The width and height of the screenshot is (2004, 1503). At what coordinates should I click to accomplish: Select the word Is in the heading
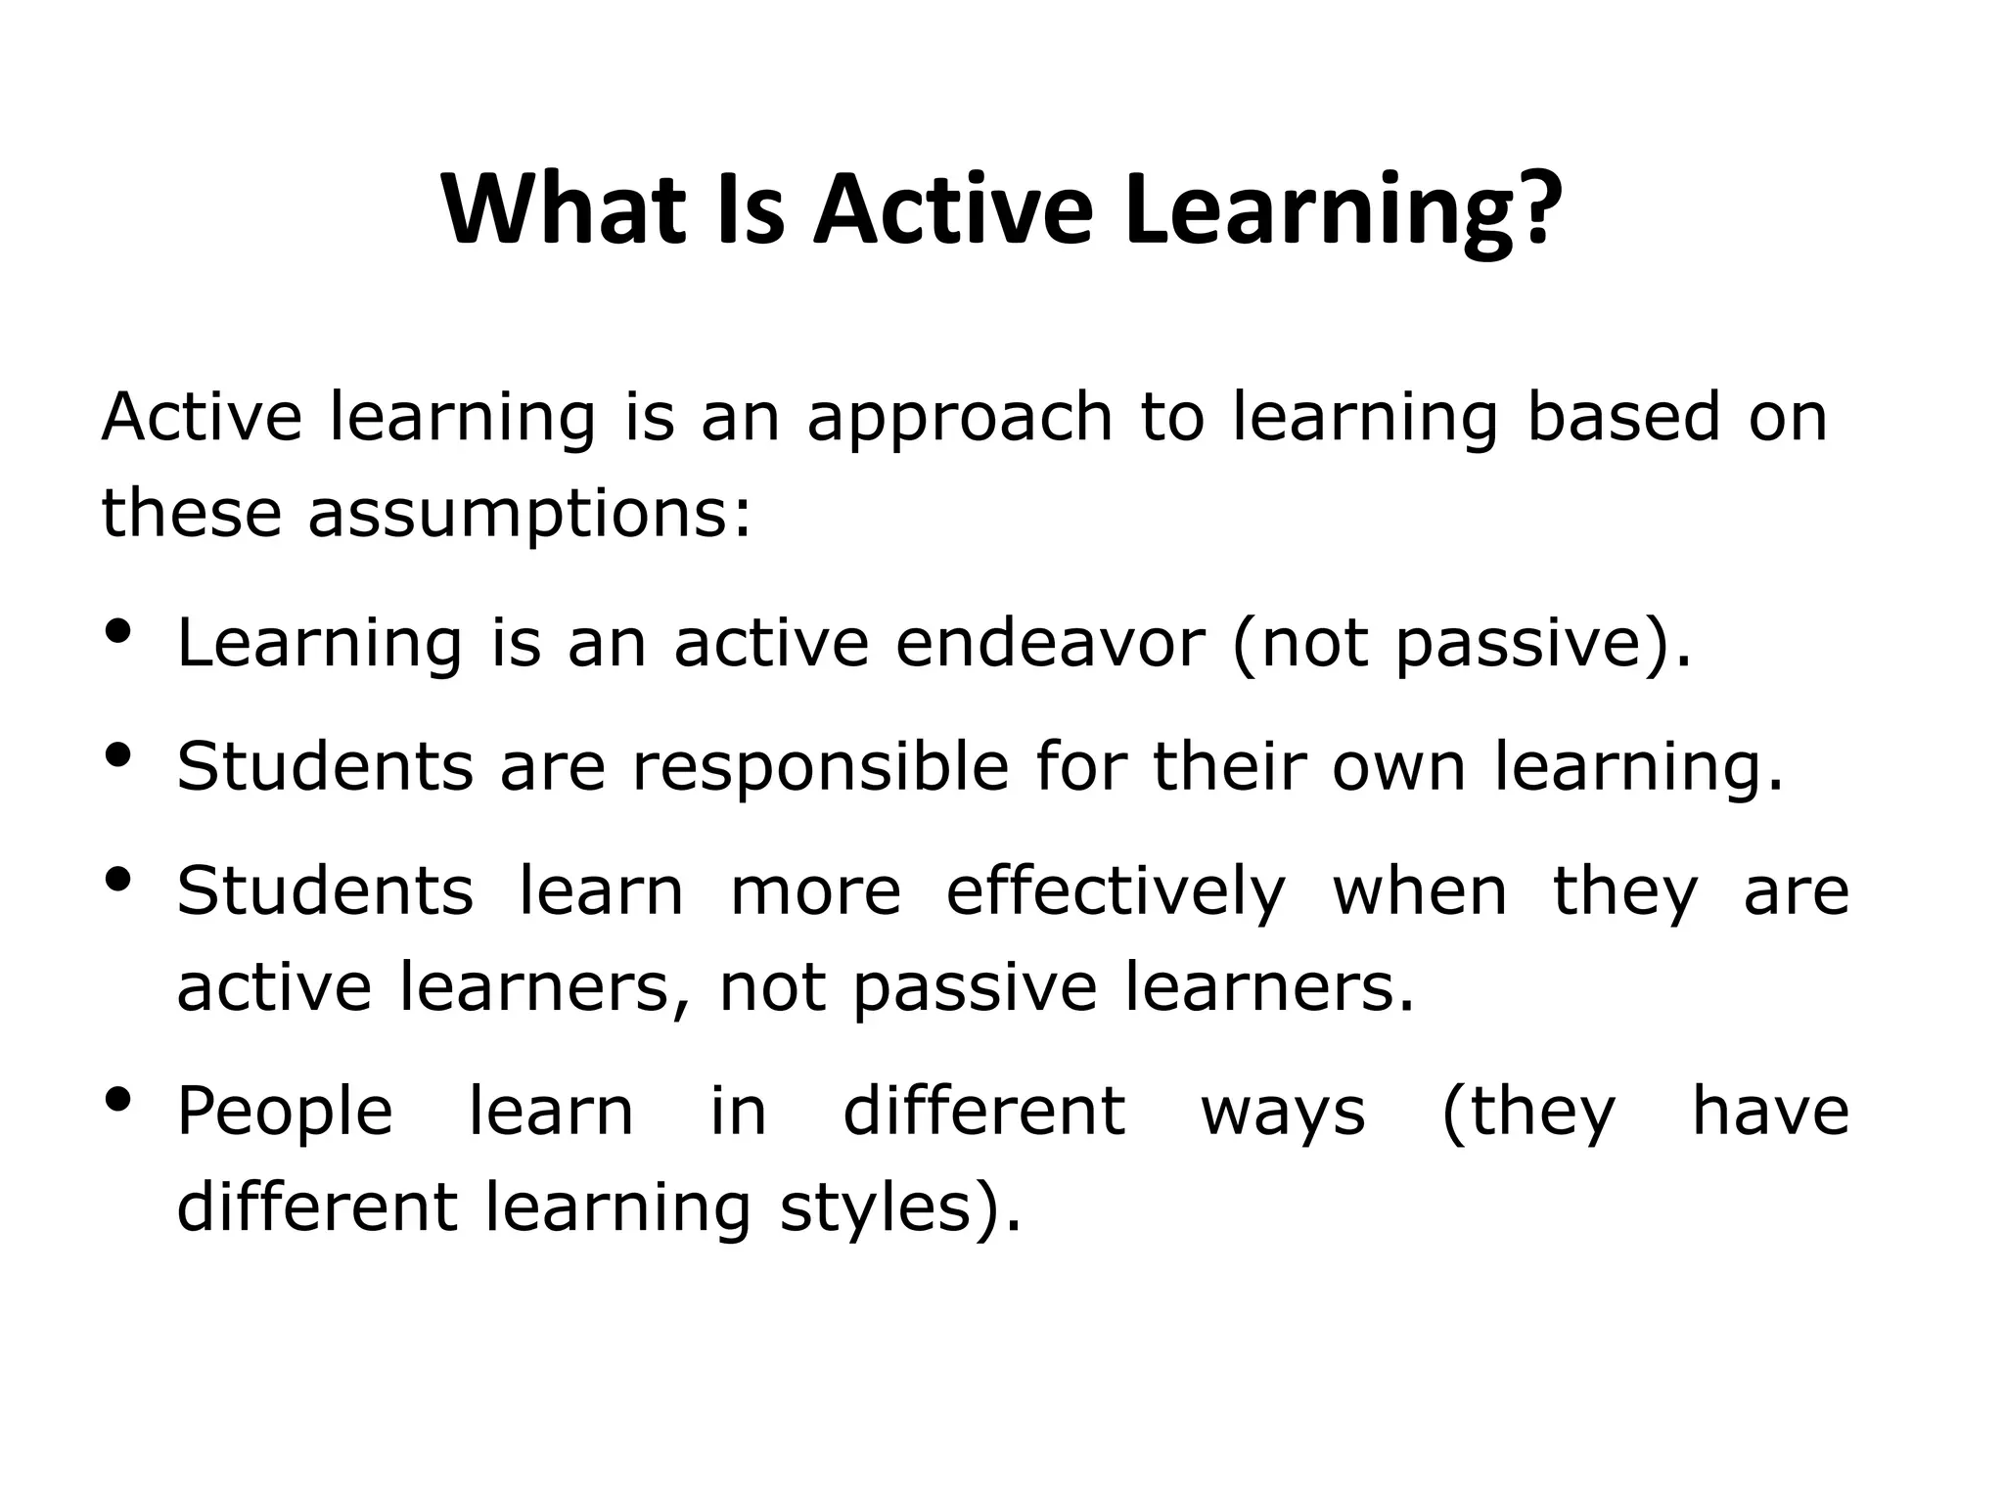pos(751,209)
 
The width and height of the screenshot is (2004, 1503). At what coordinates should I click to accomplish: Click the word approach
pos(960,419)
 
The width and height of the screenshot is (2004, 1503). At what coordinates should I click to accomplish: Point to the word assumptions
pos(529,514)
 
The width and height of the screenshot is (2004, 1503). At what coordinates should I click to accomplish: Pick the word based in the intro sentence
pos(1623,417)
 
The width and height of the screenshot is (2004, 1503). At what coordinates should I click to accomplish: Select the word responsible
pos(820,766)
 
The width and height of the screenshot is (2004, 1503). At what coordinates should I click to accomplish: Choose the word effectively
pos(1116,891)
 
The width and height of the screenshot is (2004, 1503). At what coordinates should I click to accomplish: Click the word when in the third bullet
pos(1420,891)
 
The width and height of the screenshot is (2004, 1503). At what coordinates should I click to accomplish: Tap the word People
pos(285,1113)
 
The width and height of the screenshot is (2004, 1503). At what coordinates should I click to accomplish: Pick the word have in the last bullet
pos(1770,1111)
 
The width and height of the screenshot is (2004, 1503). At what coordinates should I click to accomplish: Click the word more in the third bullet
pos(815,892)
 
